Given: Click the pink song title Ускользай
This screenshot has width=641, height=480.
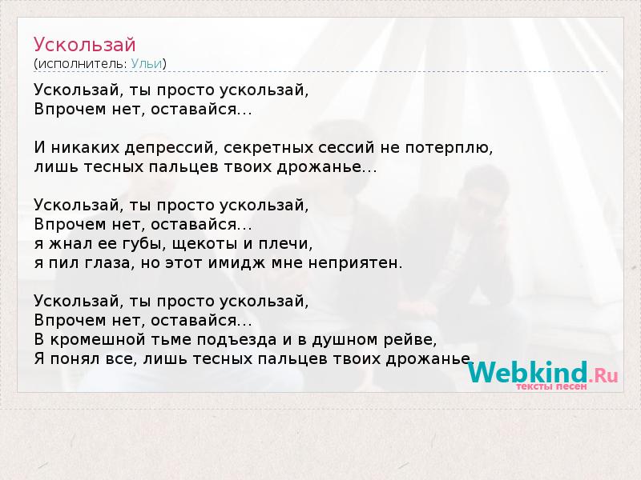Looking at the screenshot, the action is coord(85,45).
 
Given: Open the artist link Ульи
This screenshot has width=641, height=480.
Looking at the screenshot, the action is coord(147,64).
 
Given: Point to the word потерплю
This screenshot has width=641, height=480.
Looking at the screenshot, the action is coord(450,148).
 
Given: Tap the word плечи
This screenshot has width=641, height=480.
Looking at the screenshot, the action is coord(285,244).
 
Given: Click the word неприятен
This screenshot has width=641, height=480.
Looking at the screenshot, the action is coord(355,263).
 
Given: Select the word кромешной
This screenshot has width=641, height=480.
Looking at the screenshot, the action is coord(98,340).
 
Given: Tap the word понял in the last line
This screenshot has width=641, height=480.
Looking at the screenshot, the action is coord(75,359).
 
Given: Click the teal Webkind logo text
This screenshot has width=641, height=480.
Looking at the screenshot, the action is coord(528,372).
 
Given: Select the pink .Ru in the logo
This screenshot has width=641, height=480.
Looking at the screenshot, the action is coord(603,375).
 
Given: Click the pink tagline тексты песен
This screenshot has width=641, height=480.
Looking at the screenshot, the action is coord(551,386).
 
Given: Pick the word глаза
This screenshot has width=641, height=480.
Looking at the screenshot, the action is coord(110,263).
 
